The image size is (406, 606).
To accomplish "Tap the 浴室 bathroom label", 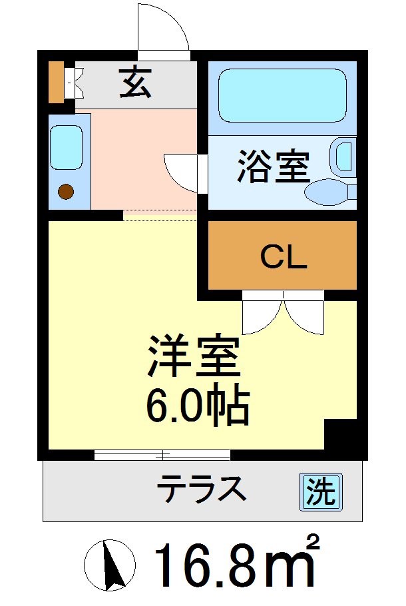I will click(x=274, y=167).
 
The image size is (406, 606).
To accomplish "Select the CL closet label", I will click(x=283, y=256).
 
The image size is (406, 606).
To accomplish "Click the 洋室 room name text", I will click(x=194, y=360).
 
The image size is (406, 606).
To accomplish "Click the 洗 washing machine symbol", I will click(x=320, y=492).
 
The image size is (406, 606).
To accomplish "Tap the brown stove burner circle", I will click(x=66, y=192).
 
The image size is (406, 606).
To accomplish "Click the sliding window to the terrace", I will click(x=162, y=455).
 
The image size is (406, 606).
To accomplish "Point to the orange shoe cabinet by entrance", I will click(x=56, y=82).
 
